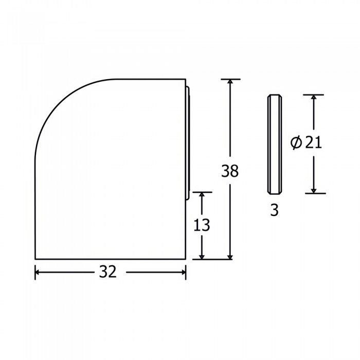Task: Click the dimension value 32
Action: pyautogui.click(x=107, y=272)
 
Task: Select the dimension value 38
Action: pyautogui.click(x=230, y=171)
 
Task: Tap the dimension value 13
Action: pyautogui.click(x=202, y=225)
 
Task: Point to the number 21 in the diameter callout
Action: pyautogui.click(x=313, y=143)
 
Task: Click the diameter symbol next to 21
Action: pyautogui.click(x=296, y=143)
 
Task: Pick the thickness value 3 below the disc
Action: pyautogui.click(x=274, y=210)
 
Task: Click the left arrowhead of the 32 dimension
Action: pyautogui.click(x=37, y=272)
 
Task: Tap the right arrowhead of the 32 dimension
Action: pyautogui.click(x=184, y=272)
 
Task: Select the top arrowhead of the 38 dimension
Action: pyautogui.click(x=230, y=81)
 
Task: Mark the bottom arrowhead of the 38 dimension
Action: pyautogui.click(x=230, y=257)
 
